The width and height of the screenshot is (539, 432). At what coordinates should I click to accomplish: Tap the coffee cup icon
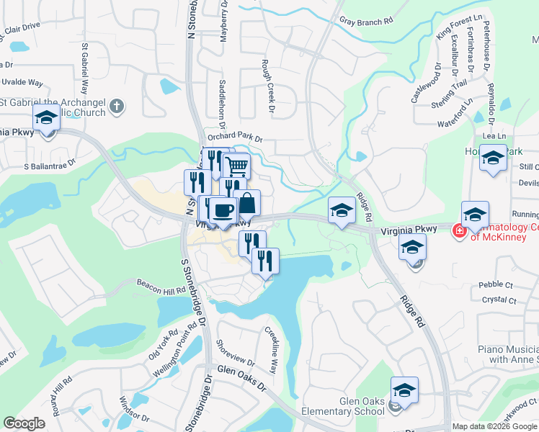coord(223,211)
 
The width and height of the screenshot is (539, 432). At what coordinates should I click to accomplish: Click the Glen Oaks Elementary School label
coord(362,407)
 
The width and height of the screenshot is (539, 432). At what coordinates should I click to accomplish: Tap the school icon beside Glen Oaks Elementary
coord(405,391)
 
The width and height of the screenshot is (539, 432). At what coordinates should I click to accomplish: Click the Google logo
coord(24,423)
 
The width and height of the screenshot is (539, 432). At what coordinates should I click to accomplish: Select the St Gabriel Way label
coord(84,68)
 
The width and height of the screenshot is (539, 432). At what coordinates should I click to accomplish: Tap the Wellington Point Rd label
coord(175,354)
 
